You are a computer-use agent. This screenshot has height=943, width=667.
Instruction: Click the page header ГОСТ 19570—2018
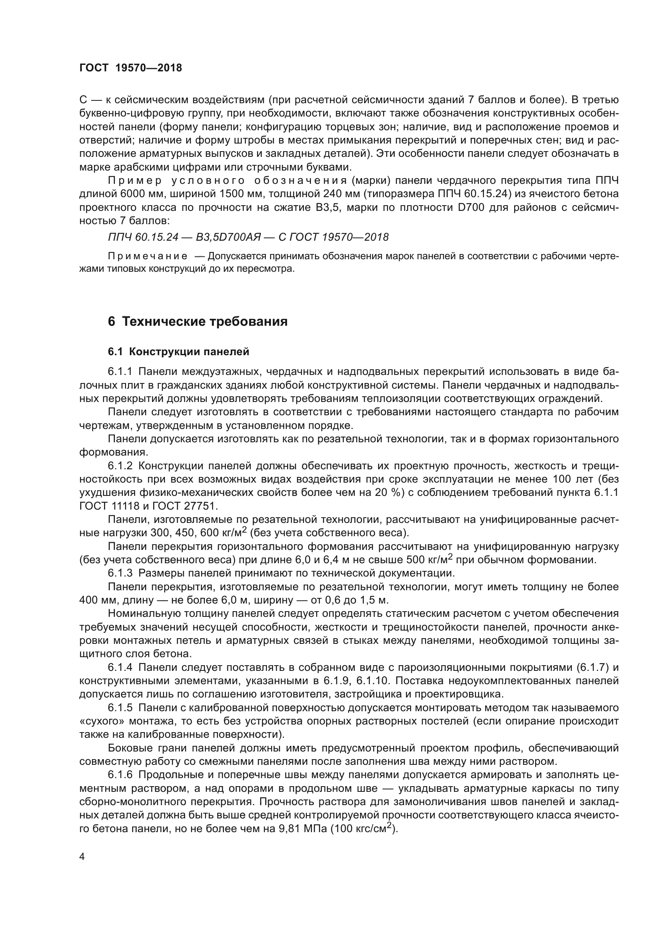pos(131,68)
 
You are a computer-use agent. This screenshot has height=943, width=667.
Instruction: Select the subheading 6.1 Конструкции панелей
pos(178,352)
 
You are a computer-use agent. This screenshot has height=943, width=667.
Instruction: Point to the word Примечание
pos(148,257)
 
